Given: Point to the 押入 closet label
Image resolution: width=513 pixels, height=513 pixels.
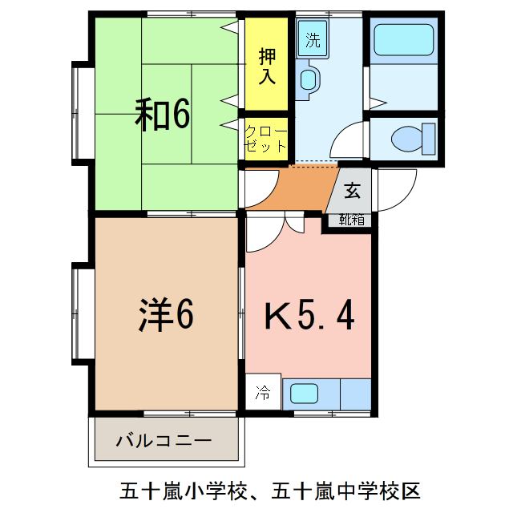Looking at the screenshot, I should tap(267, 67).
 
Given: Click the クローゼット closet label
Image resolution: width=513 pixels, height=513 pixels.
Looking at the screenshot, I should tap(265, 139).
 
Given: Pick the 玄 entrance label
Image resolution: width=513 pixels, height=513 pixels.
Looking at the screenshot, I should tap(353, 192).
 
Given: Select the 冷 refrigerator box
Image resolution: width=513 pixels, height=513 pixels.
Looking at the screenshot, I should tap(263, 393).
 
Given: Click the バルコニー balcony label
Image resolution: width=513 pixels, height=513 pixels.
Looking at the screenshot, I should tap(164, 440).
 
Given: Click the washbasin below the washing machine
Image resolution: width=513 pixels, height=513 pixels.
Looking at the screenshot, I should tap(309, 79).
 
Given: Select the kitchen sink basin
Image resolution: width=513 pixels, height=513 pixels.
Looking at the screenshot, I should tap(304, 394).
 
